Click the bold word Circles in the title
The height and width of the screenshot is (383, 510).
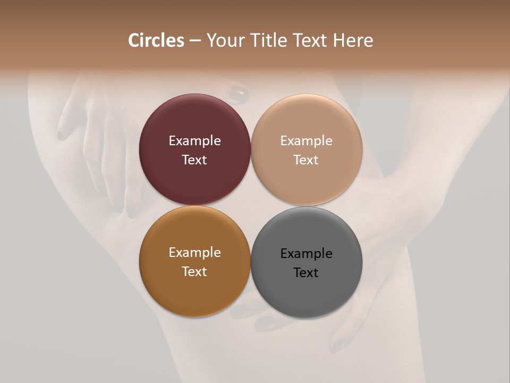click(156, 40)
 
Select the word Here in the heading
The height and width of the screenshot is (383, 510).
click(353, 40)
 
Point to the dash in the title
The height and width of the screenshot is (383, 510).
click(195, 40)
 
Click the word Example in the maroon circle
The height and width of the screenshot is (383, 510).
click(194, 141)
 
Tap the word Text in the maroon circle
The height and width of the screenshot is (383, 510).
click(194, 160)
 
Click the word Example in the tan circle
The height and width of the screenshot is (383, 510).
click(307, 141)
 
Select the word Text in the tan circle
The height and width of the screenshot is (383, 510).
click(307, 160)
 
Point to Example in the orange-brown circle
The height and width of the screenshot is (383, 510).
click(194, 253)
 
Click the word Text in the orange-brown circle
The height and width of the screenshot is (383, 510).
click(194, 271)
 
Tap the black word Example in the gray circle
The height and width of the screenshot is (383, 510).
click(307, 254)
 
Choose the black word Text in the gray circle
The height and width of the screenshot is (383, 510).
click(307, 272)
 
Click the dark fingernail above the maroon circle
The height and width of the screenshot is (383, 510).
click(239, 94)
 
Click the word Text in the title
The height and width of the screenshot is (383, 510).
click(310, 40)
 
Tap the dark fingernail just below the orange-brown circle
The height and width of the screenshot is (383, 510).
click(265, 321)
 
